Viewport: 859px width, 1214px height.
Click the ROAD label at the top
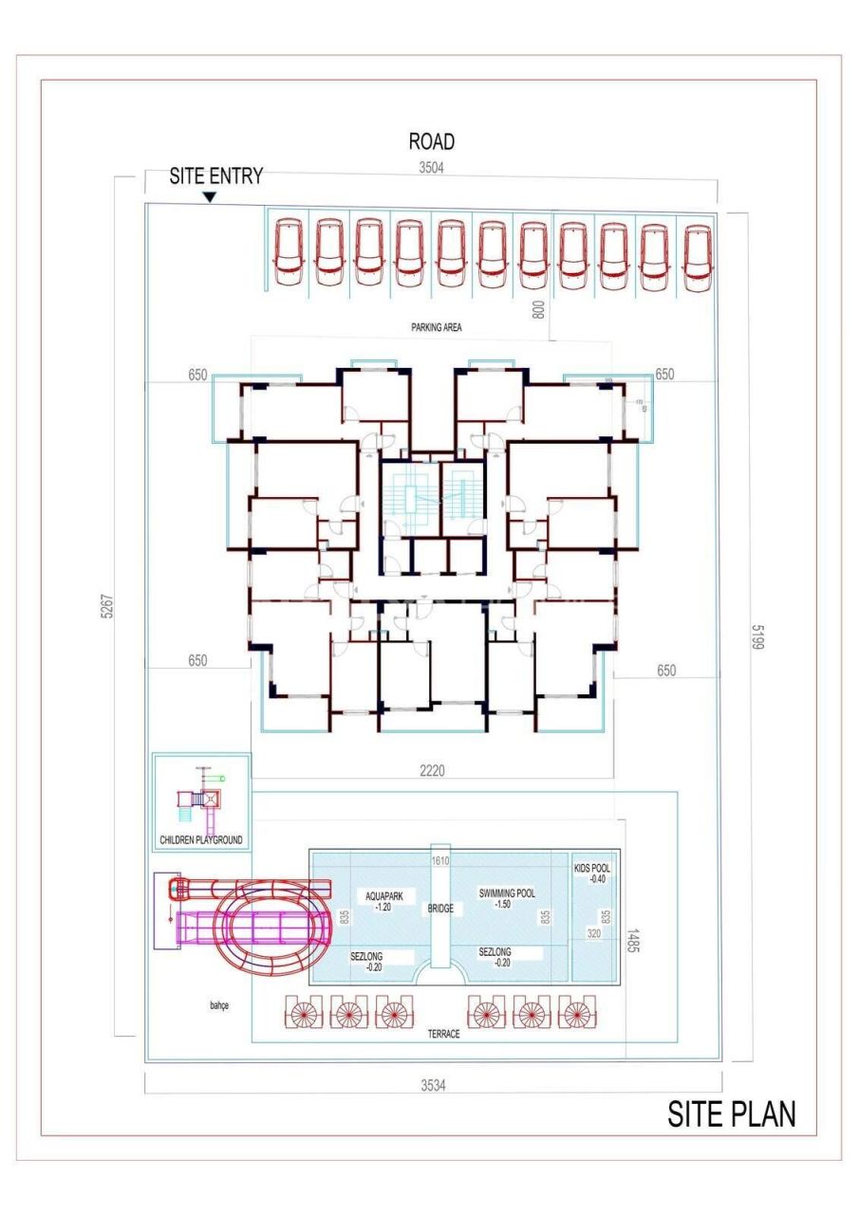click(x=431, y=142)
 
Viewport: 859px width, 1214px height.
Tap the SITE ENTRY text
click(x=215, y=176)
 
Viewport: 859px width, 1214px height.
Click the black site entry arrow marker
click(x=210, y=197)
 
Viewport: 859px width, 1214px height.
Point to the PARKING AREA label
click(x=436, y=327)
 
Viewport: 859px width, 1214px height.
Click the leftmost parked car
click(x=289, y=252)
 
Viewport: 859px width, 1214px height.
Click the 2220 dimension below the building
click(x=432, y=771)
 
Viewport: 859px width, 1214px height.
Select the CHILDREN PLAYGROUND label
click(x=201, y=839)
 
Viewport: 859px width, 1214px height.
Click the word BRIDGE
click(x=439, y=908)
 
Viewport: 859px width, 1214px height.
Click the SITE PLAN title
click(x=732, y=1115)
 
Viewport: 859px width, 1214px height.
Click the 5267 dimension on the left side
click(x=108, y=607)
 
